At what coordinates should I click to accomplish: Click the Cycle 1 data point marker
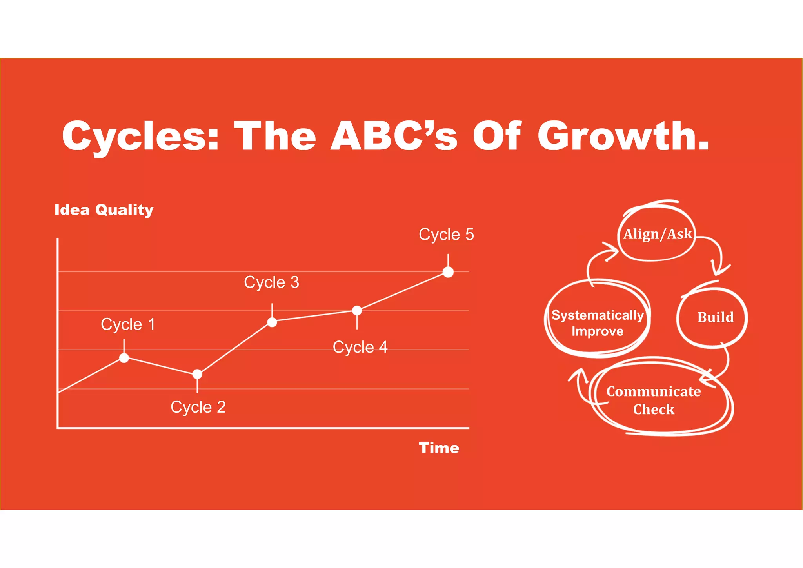pos(124,358)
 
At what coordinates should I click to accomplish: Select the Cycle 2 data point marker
pos(197,374)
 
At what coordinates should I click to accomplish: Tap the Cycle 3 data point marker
pos(272,322)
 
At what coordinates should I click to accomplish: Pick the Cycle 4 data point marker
pos(357,311)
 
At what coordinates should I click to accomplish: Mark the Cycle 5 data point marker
pos(448,272)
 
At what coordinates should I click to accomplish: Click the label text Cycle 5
pos(446,235)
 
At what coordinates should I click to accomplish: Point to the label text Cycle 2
pos(198,407)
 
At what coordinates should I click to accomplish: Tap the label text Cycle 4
pos(360,347)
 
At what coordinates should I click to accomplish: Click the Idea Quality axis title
pos(104,210)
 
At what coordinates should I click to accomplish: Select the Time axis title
pos(439,448)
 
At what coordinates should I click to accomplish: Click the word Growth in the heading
pos(623,136)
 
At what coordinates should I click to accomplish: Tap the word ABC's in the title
pos(394,136)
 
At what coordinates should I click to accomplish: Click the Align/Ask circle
pos(657,234)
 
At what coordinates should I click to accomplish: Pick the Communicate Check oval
pos(654,400)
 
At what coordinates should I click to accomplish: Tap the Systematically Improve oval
pos(597,323)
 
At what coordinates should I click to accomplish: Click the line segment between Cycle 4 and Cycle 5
pos(403,291)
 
